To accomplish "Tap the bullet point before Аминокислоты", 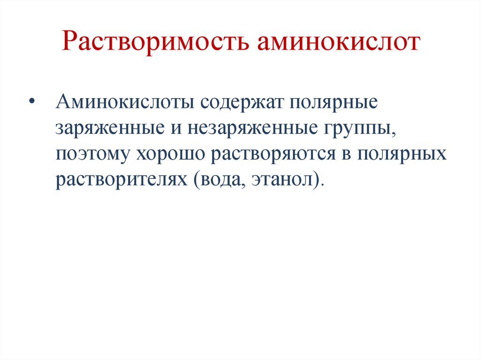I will pos(32,102).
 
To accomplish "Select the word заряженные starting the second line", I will pos(107,128).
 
